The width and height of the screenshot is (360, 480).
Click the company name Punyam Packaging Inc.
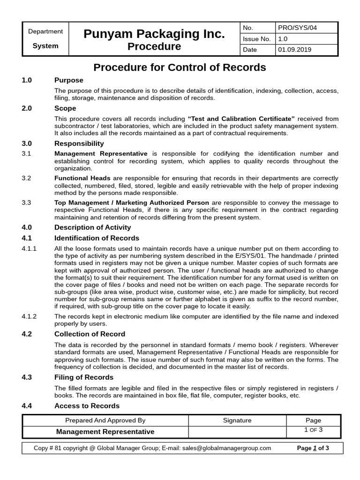pos(154,34)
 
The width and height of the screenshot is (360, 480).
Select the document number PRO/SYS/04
pos(297,28)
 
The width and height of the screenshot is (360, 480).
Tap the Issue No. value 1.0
pos(283,39)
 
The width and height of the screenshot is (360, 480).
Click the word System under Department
pos(45,46)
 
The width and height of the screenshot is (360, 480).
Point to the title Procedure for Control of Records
pos(180,67)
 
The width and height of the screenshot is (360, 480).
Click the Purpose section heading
pos(69,80)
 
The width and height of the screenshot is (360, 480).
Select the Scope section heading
pos(65,108)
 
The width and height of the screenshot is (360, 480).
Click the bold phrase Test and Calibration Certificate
pos(241,118)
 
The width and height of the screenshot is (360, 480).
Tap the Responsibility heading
pos(79,143)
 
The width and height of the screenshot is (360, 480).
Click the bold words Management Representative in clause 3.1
pos(101,154)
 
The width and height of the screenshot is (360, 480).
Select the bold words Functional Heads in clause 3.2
pos(82,178)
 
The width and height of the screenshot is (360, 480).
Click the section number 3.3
pos(26,202)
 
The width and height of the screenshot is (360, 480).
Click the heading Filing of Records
pos(84,377)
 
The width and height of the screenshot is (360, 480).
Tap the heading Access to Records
pos(87,405)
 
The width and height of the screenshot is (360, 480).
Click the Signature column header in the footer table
pos(237,420)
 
